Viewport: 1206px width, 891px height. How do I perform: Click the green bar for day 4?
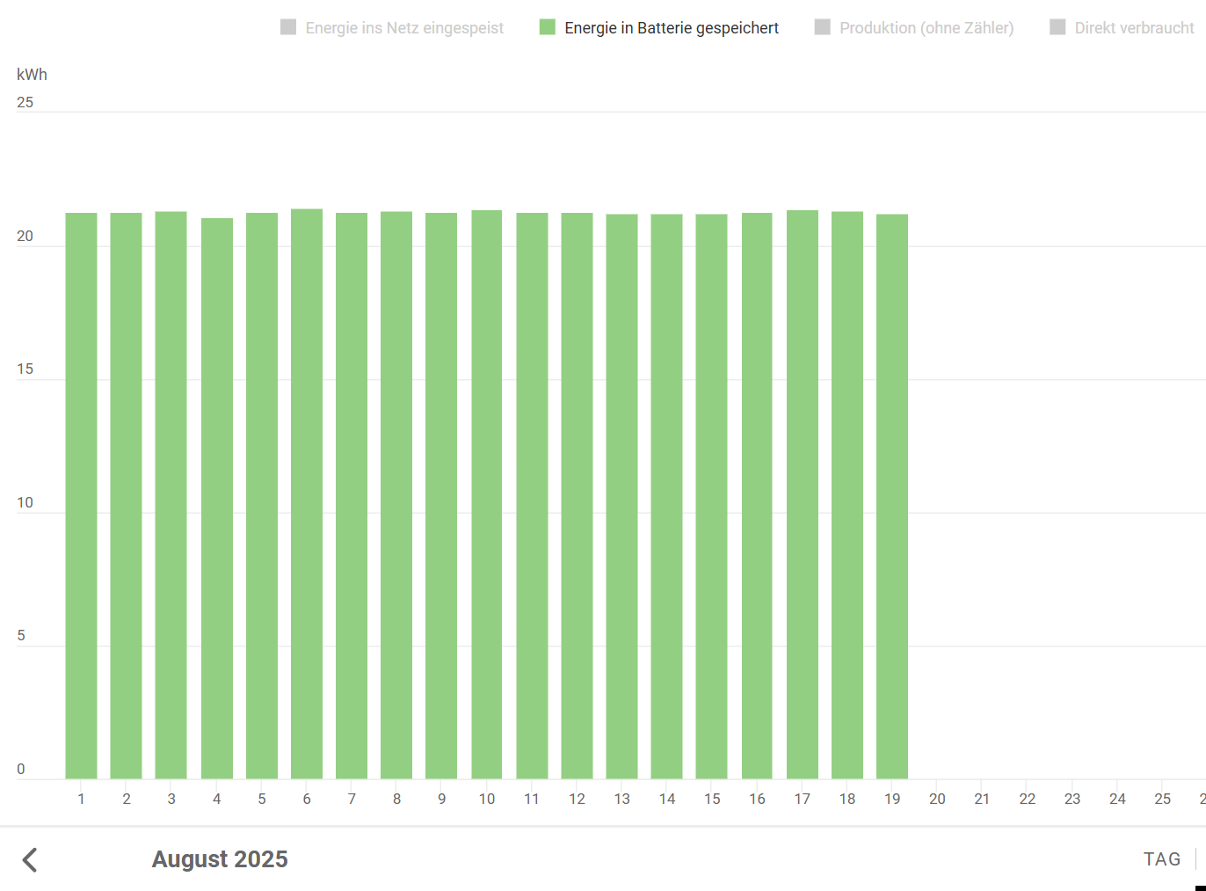pyautogui.click(x=216, y=498)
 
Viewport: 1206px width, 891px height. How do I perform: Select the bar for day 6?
pyautogui.click(x=307, y=493)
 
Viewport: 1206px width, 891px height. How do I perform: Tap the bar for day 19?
pyautogui.click(x=892, y=496)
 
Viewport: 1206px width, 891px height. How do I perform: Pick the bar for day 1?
pyautogui.click(x=81, y=495)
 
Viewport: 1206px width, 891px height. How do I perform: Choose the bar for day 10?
pyautogui.click(x=487, y=494)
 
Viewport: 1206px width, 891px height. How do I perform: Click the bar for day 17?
pyautogui.click(x=803, y=494)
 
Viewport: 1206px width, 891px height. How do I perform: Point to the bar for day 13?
pyautogui.click(x=621, y=496)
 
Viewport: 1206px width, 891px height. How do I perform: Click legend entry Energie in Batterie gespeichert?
pyautogui.click(x=671, y=28)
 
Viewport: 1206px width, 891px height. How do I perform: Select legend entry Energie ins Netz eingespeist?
pyautogui.click(x=403, y=28)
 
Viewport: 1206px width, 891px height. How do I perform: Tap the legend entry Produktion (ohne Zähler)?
pyautogui.click(x=926, y=28)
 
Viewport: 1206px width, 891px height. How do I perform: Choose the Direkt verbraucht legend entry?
pyautogui.click(x=1133, y=28)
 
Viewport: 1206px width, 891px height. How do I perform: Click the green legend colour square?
pyautogui.click(x=548, y=27)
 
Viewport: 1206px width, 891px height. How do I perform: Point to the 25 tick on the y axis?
pyautogui.click(x=25, y=103)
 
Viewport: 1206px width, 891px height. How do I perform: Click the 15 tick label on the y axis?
pyautogui.click(x=25, y=369)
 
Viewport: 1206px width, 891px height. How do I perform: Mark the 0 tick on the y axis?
pyautogui.click(x=21, y=770)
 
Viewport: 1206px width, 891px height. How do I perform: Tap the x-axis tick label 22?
pyautogui.click(x=1027, y=799)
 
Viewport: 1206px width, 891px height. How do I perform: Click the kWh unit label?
pyautogui.click(x=32, y=75)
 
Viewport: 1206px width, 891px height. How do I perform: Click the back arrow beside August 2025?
pyautogui.click(x=30, y=859)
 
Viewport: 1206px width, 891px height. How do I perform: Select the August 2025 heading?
pyautogui.click(x=220, y=859)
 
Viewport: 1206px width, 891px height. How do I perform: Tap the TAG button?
pyautogui.click(x=1161, y=859)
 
